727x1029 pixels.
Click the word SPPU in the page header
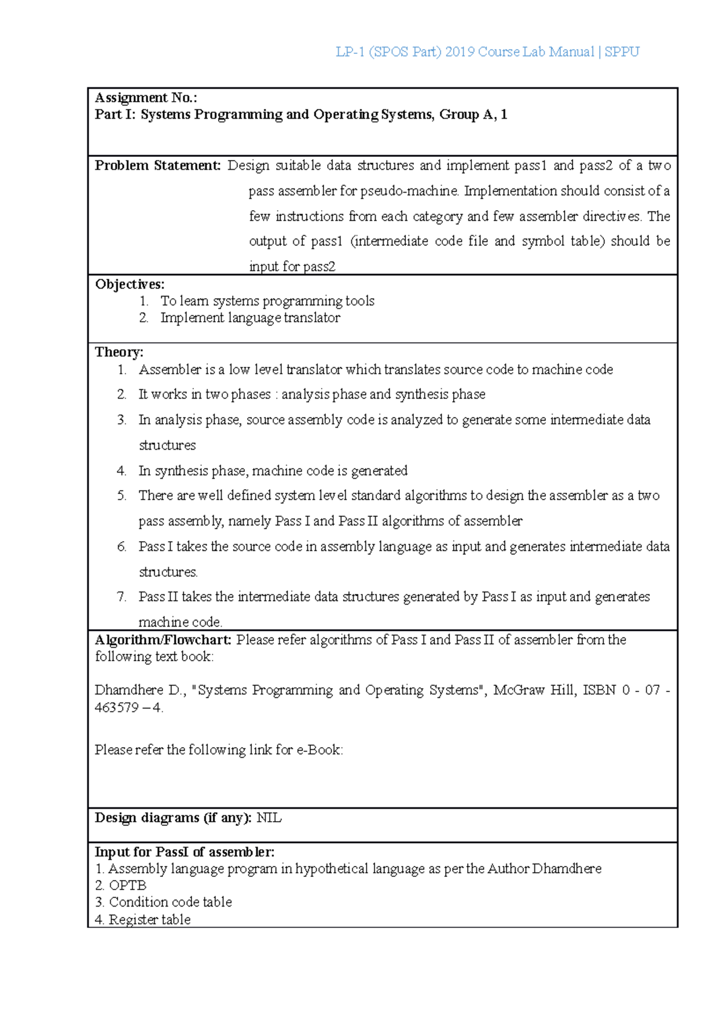[x=622, y=52]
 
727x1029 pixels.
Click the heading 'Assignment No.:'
[x=146, y=98]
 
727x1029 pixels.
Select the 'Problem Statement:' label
[x=158, y=165]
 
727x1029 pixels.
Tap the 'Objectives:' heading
[x=130, y=284]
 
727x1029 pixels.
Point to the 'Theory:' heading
[x=119, y=352]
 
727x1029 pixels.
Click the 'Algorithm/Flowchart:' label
[x=163, y=640]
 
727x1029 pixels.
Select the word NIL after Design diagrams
[x=269, y=818]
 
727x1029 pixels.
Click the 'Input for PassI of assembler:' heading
[x=184, y=852]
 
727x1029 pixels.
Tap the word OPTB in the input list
[x=127, y=885]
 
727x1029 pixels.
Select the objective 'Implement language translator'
[x=250, y=318]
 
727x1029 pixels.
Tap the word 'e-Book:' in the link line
[x=319, y=750]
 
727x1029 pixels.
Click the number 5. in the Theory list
[x=122, y=496]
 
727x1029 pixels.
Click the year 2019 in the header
[x=459, y=52]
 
